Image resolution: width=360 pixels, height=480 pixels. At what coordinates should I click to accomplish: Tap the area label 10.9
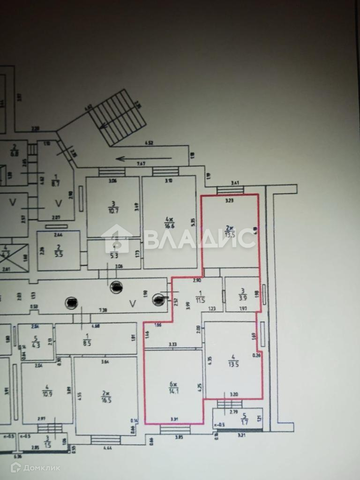(x=46, y=390)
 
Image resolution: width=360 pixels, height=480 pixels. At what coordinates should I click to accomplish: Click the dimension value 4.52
(x=149, y=142)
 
